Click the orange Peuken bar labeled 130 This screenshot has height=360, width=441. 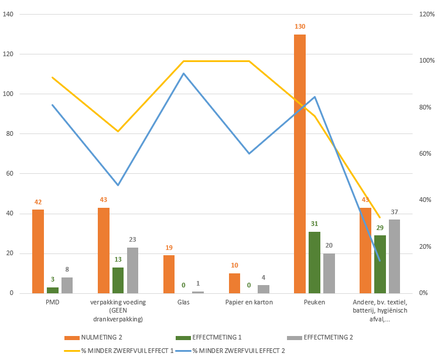click(300, 164)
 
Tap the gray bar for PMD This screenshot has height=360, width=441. click(67, 285)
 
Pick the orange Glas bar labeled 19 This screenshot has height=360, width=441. click(169, 274)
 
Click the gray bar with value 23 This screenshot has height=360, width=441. click(133, 270)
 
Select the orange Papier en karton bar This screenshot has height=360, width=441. click(234, 283)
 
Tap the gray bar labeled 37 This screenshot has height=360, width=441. click(394, 256)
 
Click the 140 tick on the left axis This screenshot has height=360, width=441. click(9, 14)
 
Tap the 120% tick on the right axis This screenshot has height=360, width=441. click(427, 14)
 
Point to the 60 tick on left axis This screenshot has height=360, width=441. click(11, 174)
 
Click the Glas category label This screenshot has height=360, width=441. click(183, 303)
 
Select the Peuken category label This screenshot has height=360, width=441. click(314, 303)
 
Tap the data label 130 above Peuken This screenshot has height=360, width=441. click(300, 27)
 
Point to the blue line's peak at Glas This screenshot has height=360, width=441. click(183, 73)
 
